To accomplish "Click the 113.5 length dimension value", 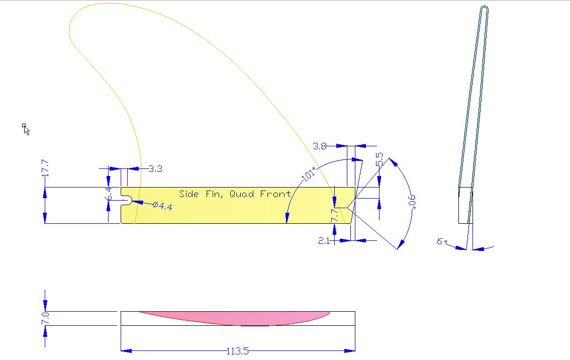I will click(238, 351).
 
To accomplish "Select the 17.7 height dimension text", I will click(45, 168).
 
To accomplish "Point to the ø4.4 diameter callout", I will click(162, 206).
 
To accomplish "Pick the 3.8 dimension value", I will click(320, 146).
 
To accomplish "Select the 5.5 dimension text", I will click(379, 159).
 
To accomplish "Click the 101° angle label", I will click(308, 174).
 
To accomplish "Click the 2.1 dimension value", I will click(324, 241).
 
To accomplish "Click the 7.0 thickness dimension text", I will click(45, 318).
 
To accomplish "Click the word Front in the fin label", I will click(275, 194).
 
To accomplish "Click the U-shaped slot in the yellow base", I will click(127, 201).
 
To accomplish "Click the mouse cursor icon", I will click(26, 129).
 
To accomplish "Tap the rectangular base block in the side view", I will click(465, 205).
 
